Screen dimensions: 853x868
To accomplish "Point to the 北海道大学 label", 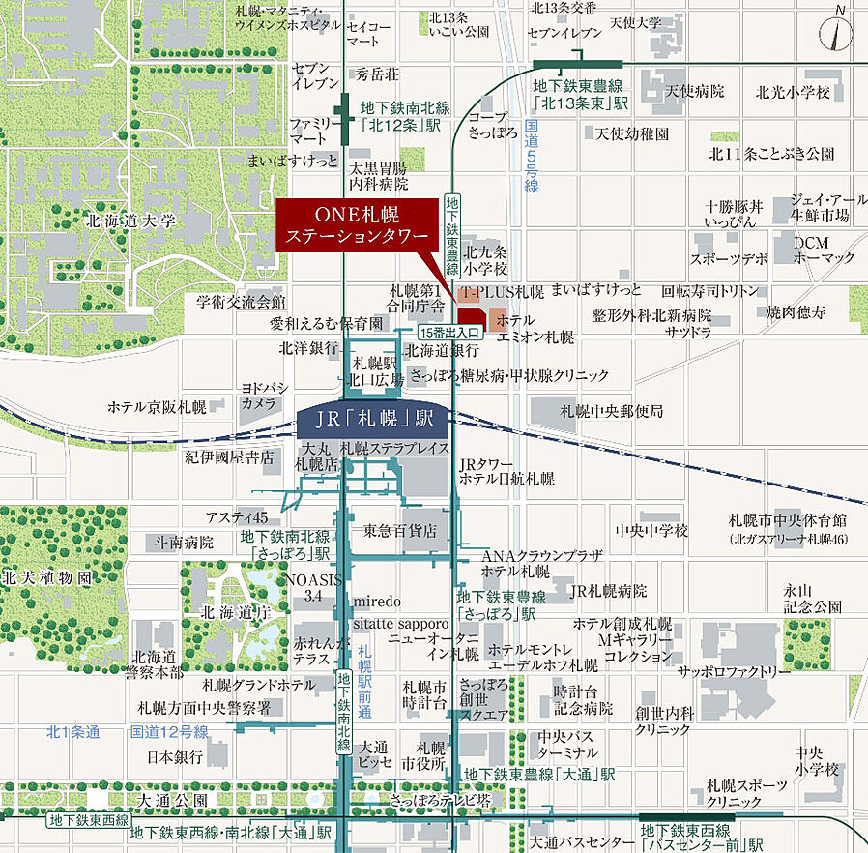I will tap(130, 221).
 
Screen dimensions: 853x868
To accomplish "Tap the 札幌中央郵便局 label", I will tap(612, 412).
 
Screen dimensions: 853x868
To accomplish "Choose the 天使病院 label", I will tap(694, 92).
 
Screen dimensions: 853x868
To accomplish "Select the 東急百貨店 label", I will tap(400, 531).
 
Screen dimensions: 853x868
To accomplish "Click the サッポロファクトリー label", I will tap(727, 671).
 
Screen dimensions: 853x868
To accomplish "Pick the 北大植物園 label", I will tap(47, 578).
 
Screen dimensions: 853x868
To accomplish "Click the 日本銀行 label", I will tap(175, 756).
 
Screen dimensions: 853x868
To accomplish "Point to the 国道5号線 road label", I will tap(532, 158).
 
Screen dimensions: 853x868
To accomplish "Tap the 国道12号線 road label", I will tap(169, 731).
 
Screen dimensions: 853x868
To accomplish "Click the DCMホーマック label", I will tap(825, 250).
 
